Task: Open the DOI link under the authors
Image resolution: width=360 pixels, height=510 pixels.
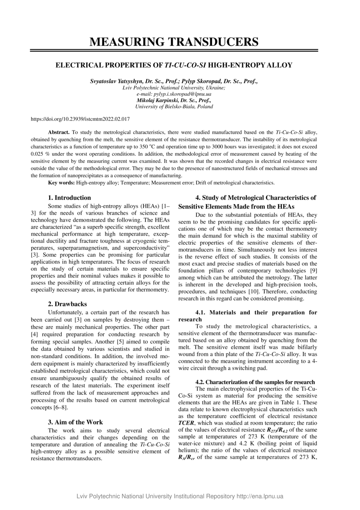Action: (81, 119)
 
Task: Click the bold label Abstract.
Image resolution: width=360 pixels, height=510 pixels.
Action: (59, 132)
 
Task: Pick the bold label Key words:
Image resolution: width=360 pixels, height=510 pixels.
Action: (61, 183)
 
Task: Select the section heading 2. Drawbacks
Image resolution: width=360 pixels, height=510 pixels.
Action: (67, 304)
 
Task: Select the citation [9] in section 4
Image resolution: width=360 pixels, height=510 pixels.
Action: (313, 270)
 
